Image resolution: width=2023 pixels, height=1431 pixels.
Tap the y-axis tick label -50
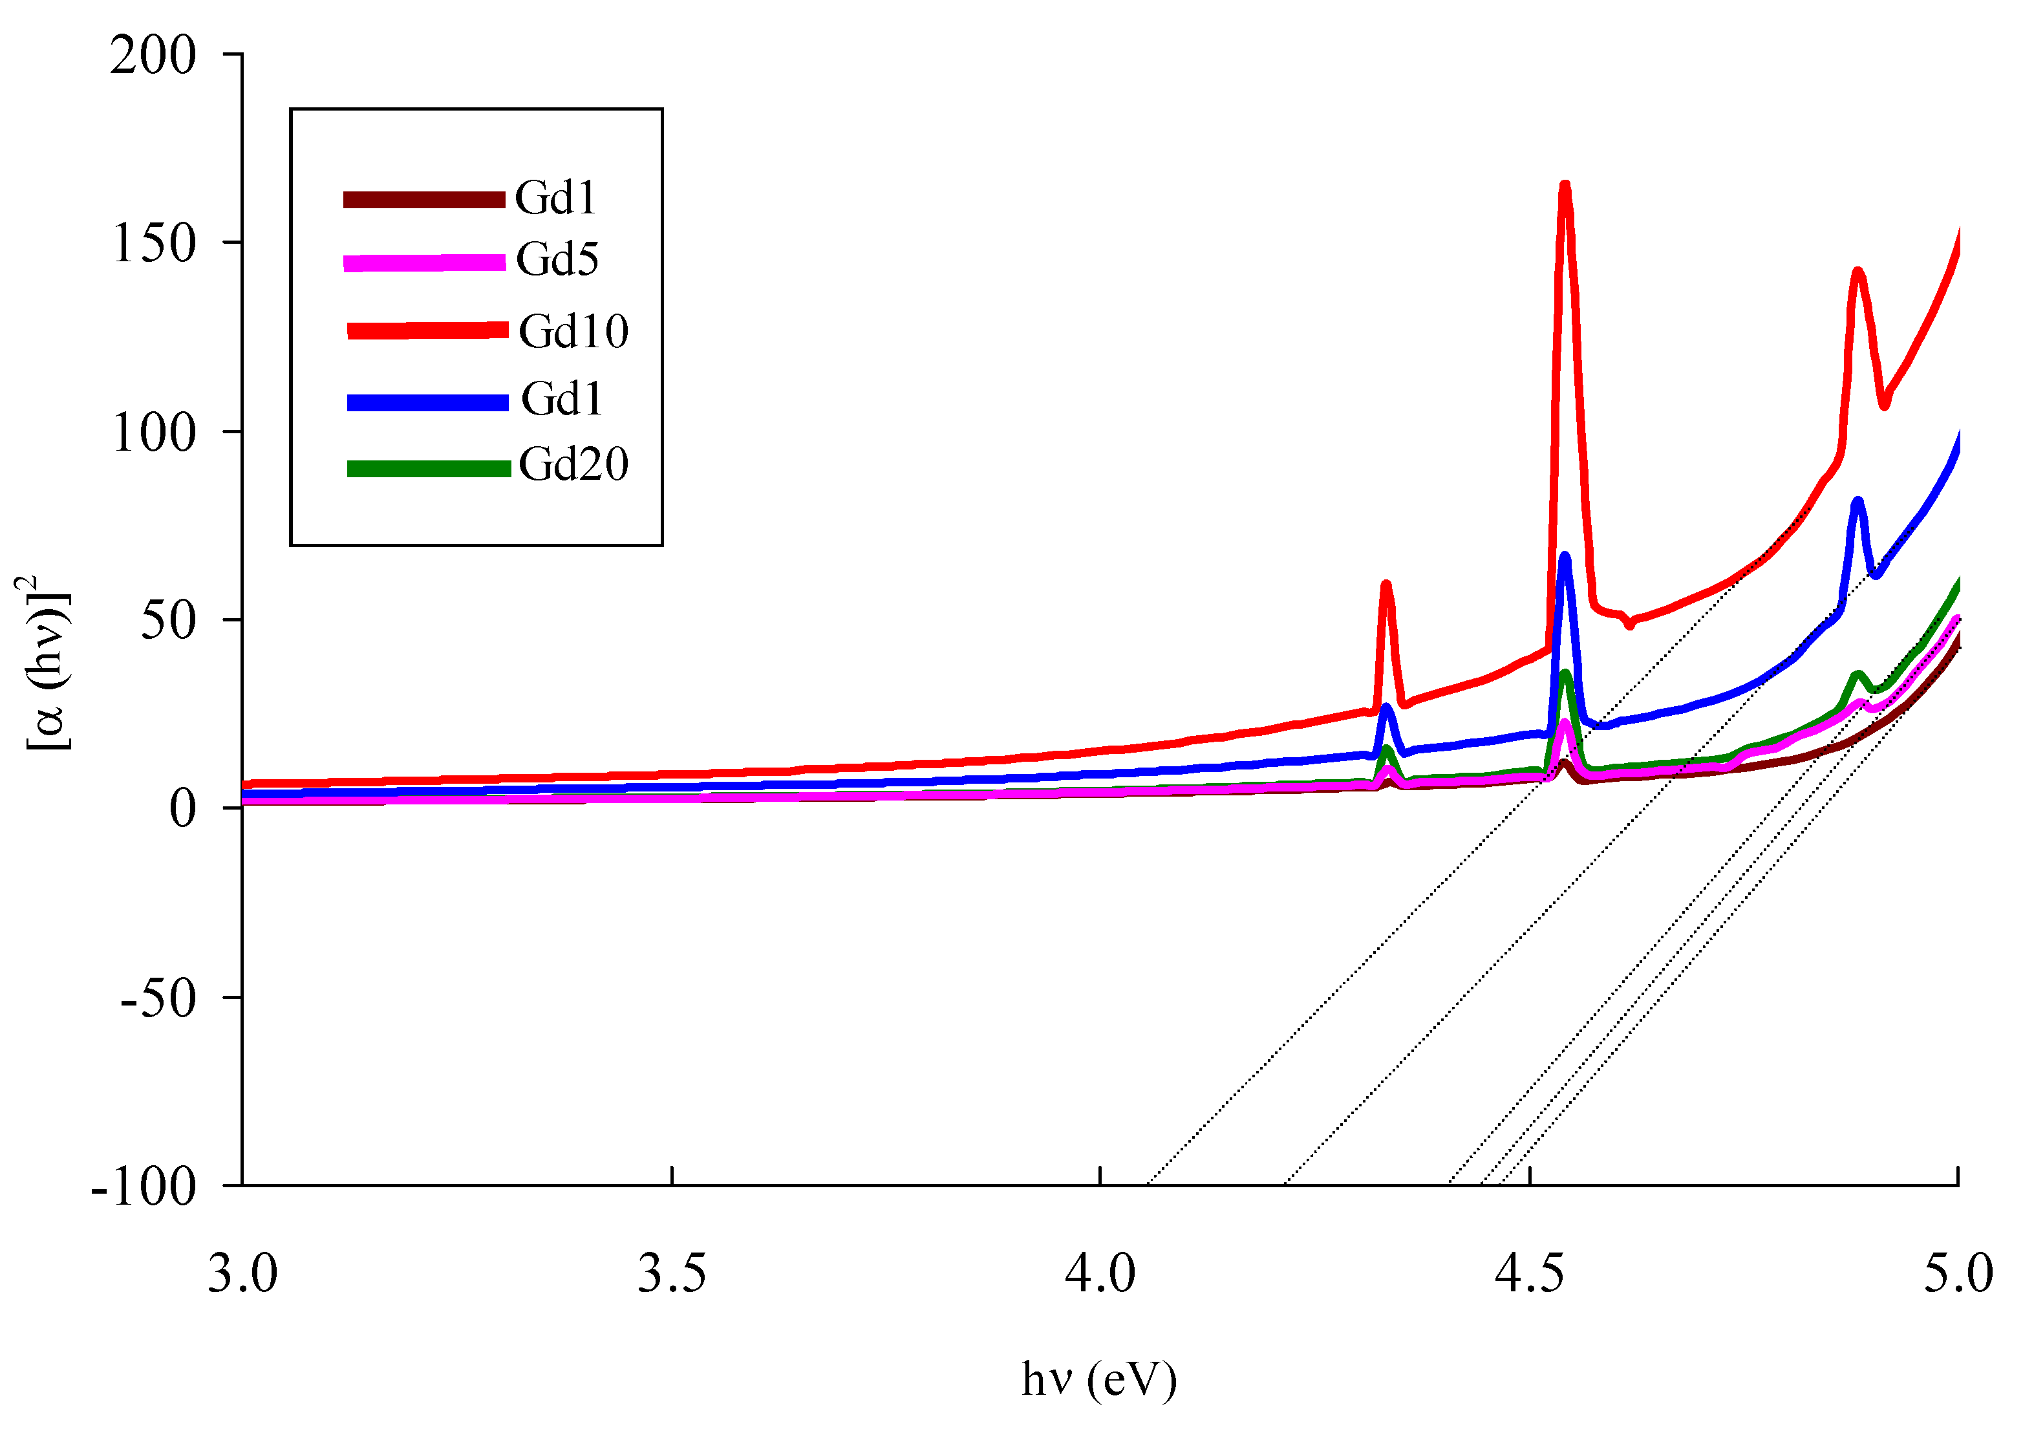(x=158, y=998)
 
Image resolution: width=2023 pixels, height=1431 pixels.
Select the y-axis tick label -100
(x=144, y=1188)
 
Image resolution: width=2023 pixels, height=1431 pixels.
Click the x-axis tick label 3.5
(x=671, y=1274)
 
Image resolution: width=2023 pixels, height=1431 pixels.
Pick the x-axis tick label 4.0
(x=1100, y=1274)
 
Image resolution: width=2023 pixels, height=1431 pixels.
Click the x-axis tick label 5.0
(x=1958, y=1274)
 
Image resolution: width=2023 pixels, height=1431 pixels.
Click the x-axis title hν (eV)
(x=1098, y=1380)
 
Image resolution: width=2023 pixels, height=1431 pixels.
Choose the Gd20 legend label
(x=573, y=464)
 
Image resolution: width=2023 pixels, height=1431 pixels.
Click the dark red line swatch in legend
(x=424, y=199)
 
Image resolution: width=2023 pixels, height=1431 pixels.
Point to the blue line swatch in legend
(x=427, y=403)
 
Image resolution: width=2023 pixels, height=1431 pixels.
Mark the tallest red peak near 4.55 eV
(x=1565, y=187)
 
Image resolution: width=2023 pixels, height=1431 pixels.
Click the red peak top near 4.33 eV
(x=1386, y=585)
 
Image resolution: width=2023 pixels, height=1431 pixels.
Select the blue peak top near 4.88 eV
(x=1857, y=502)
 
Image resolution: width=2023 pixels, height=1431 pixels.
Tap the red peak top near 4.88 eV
(x=1857, y=272)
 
